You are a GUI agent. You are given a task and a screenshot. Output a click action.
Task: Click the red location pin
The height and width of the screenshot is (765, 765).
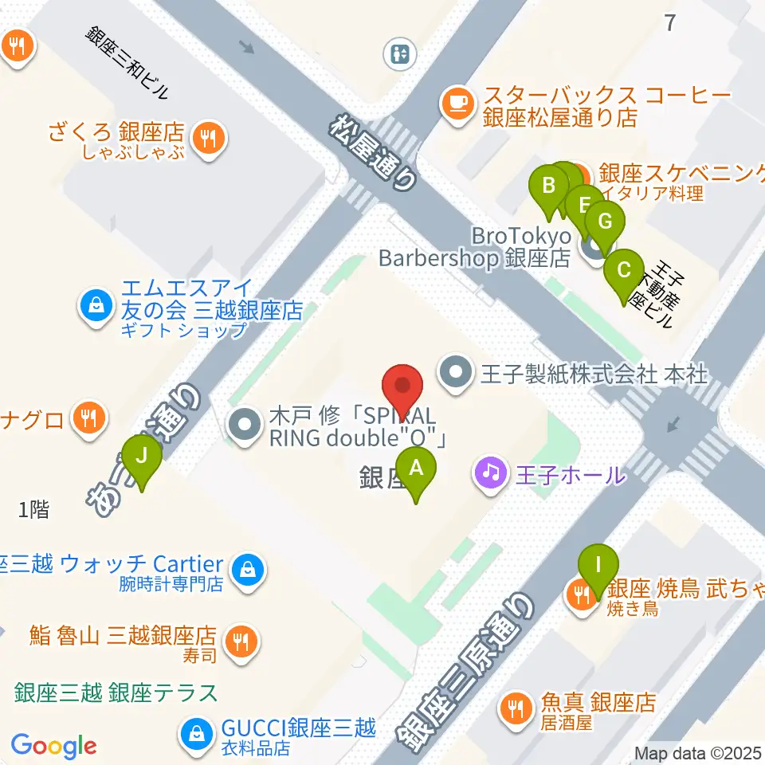(403, 390)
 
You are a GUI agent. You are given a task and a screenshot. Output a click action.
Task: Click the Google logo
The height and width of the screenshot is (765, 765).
(53, 746)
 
